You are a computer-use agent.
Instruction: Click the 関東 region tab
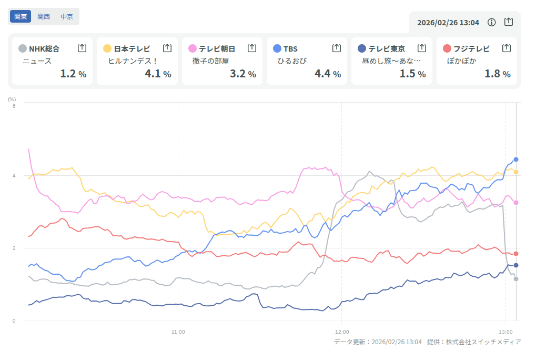pos(21,16)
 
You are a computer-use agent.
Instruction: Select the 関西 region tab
pos(44,16)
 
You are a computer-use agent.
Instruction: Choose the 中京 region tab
pos(67,16)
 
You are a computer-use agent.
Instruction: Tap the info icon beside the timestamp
pos(492,22)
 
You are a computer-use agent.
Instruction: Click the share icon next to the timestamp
pos(508,22)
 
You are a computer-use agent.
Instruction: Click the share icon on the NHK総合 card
pos(82,48)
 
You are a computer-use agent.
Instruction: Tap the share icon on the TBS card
pos(337,48)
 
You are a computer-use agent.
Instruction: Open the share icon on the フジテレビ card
pos(507,48)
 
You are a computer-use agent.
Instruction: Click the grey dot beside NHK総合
pos(22,48)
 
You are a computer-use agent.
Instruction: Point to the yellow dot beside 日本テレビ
pos(107,48)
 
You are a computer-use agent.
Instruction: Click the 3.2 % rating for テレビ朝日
pos(242,74)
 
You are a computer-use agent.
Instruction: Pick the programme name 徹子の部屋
pos(211,61)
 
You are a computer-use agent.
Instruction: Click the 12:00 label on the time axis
pos(342,332)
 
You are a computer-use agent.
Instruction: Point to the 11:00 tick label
pos(178,332)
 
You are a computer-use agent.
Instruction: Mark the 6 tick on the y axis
pos(14,106)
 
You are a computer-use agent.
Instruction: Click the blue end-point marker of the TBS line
pos(516,159)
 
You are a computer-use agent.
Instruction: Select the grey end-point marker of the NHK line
pos(516,278)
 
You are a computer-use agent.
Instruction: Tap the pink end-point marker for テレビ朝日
pos(516,203)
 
